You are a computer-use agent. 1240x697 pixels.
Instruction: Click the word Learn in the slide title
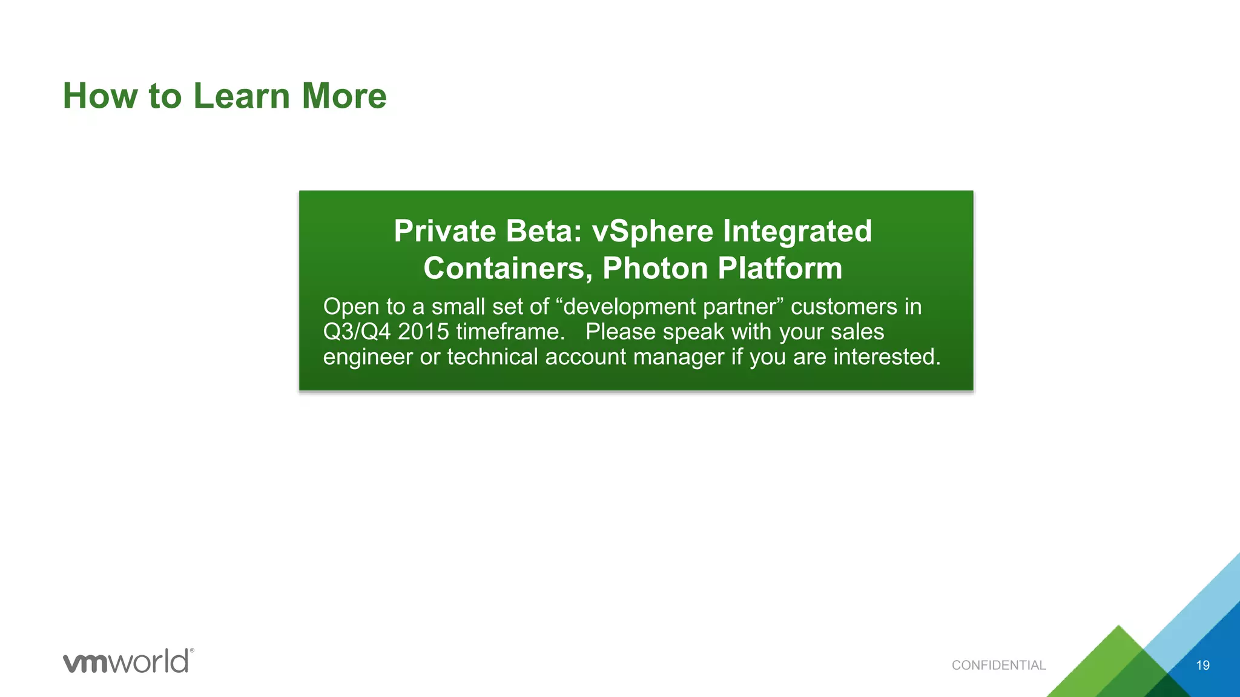(x=242, y=96)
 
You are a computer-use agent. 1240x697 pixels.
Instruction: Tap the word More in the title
(x=344, y=96)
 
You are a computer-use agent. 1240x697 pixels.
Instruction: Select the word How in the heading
(x=101, y=96)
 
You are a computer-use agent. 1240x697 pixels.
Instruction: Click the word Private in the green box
(x=445, y=231)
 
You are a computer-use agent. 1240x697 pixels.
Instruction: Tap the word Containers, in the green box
(x=507, y=269)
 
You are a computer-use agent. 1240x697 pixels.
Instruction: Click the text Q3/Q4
(x=356, y=332)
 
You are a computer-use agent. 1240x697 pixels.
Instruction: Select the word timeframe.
(x=510, y=332)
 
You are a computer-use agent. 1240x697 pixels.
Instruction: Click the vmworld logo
(x=128, y=661)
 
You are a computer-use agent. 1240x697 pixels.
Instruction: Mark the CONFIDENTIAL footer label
(x=998, y=666)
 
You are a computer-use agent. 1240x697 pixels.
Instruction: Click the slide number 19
(x=1202, y=666)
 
